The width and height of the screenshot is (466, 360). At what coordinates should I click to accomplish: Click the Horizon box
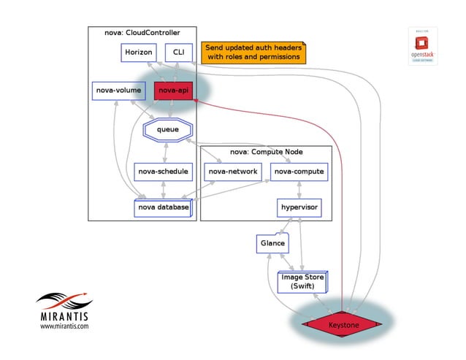pos(139,53)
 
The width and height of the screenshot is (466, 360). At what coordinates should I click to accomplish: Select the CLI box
pos(178,53)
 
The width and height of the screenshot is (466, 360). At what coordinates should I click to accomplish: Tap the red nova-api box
pos(173,91)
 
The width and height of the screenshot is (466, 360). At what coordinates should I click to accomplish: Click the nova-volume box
pos(117,91)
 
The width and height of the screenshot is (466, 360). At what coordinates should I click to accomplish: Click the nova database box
pos(163,207)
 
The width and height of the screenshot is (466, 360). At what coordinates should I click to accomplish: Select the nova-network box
pos(232,172)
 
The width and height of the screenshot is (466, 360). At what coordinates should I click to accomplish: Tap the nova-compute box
pos(298,172)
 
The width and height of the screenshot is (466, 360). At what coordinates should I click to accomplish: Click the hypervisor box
pos(298,207)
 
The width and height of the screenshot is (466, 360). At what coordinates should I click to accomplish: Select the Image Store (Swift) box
pos(302,282)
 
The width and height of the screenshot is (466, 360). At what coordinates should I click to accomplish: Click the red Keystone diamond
pos(343,323)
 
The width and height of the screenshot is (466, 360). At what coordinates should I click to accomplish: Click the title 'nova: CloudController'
pos(142,33)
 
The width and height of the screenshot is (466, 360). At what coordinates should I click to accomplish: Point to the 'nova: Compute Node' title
pos(266,151)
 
